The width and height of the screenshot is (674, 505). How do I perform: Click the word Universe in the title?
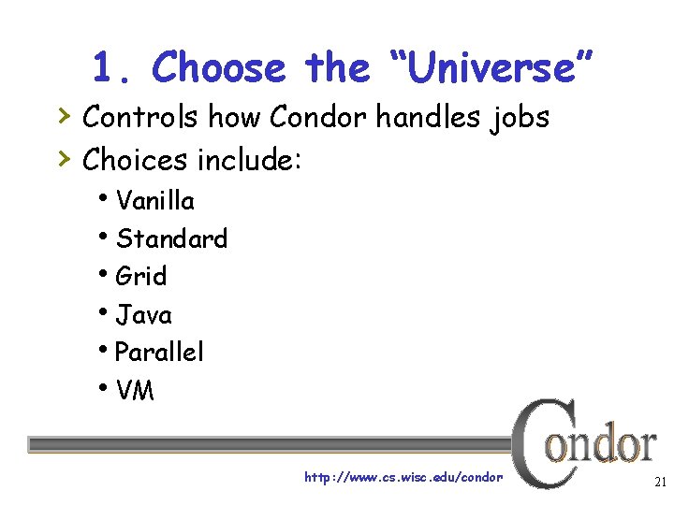pos(487,67)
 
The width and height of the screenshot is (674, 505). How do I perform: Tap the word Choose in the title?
pos(218,67)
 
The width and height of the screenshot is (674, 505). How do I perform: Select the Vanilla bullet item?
pos(155,201)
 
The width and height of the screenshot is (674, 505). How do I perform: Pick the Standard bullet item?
pos(171,238)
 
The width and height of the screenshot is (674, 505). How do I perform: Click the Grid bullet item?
pos(141,276)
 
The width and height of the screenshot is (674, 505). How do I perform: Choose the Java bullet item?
pos(144,314)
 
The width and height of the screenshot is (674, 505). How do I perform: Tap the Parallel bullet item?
pos(159,352)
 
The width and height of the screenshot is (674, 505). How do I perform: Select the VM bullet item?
pos(136,390)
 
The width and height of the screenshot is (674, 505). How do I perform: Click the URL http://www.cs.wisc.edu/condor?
pos(403,478)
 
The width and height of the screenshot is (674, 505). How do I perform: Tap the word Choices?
pos(135,160)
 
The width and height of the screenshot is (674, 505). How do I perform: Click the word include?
pos(248,160)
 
